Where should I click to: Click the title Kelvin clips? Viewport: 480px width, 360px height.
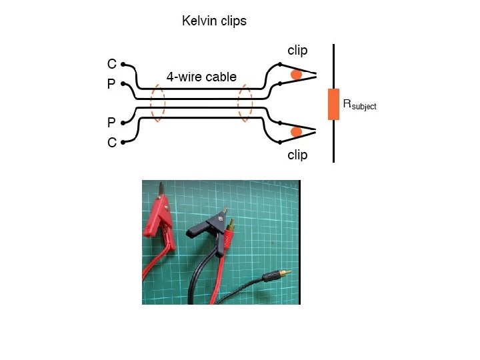[x=214, y=21]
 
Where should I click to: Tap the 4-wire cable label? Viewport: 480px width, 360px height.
[x=201, y=77]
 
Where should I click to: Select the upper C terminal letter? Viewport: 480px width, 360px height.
[x=112, y=64]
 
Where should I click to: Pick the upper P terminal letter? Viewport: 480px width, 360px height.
[x=111, y=83]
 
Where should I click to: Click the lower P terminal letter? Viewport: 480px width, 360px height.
[x=111, y=123]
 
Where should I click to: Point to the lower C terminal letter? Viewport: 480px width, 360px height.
[x=112, y=143]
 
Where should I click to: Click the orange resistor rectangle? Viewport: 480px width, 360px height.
[x=333, y=104]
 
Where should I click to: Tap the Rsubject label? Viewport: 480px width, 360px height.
[x=359, y=105]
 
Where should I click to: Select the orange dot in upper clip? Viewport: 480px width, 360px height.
[x=296, y=75]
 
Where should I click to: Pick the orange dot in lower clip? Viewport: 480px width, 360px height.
[x=296, y=132]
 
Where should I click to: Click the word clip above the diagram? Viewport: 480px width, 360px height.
[x=297, y=51]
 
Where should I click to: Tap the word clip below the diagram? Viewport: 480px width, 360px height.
[x=297, y=155]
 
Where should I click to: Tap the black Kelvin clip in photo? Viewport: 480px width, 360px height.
[x=212, y=230]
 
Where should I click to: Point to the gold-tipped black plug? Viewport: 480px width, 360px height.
[x=277, y=275]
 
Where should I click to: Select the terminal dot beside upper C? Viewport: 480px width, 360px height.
[x=123, y=64]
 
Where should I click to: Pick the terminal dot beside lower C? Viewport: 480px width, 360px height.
[x=123, y=143]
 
